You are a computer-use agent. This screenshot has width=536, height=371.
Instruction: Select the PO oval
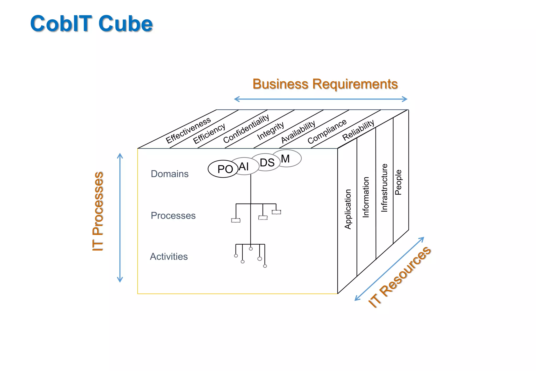pos(223,169)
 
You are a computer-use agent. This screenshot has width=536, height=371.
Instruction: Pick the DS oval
pos(267,162)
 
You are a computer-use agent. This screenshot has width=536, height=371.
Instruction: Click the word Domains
pos(170,174)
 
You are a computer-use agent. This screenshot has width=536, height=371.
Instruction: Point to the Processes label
pos(173,216)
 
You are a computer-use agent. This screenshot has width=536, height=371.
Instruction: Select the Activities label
pos(169,257)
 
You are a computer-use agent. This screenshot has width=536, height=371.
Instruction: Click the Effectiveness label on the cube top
pos(188,130)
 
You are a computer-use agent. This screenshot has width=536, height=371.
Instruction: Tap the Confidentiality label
pos(246,129)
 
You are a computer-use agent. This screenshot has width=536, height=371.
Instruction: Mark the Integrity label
pos(270,131)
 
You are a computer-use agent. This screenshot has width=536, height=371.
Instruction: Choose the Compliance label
pos(327,131)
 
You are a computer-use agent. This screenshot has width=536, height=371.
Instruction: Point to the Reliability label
pos(358,130)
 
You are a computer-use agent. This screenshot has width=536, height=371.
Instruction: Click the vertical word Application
pos(348,209)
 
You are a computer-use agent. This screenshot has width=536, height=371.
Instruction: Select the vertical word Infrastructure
pos(384,188)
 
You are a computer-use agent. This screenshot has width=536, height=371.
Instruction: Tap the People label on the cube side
pos(398,182)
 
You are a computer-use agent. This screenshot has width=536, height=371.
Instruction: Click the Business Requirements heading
pos(325,84)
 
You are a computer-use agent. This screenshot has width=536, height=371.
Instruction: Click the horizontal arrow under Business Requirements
pos(321,99)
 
